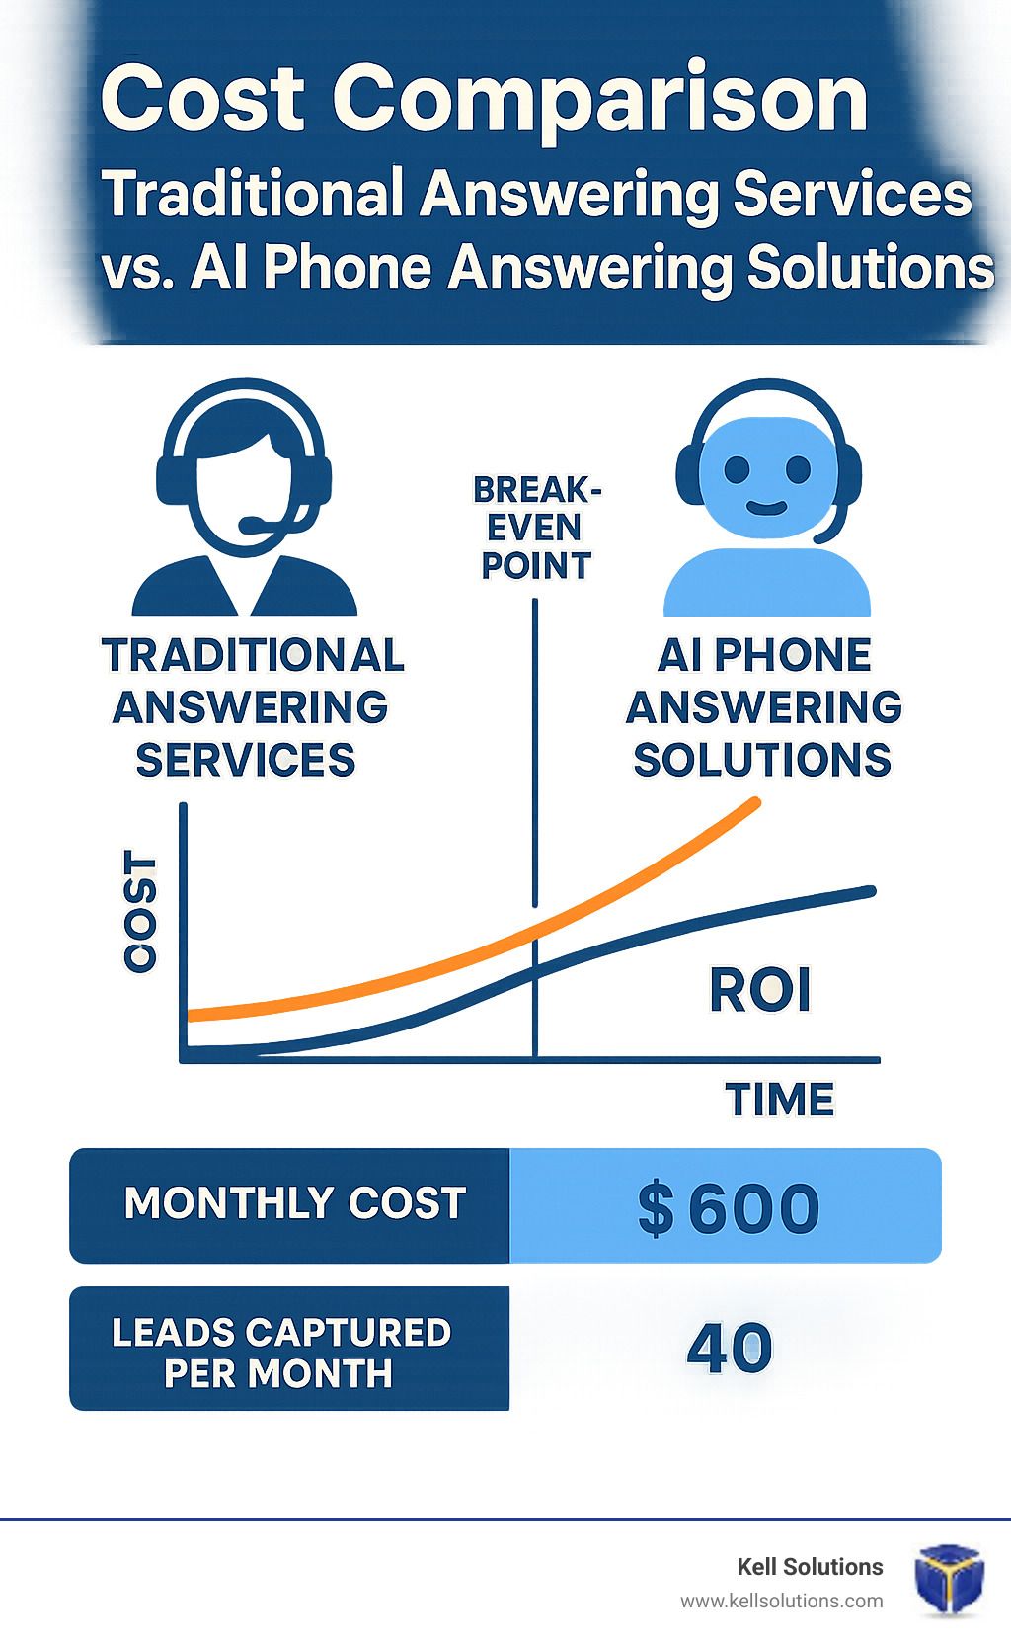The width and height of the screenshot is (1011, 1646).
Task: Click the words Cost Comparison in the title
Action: tap(485, 99)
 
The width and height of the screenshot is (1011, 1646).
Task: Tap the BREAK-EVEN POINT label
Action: tap(537, 528)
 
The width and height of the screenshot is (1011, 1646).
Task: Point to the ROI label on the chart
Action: tap(760, 991)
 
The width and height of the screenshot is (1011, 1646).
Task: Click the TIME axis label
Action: tap(780, 1100)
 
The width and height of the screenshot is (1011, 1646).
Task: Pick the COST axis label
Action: tap(140, 912)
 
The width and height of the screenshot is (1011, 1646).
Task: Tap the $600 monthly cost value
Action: tap(729, 1208)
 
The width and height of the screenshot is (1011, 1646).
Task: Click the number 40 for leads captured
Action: tap(730, 1347)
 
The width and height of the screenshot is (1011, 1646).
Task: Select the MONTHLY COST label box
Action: tap(289, 1205)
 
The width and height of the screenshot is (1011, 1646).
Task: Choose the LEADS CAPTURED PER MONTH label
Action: tap(281, 1353)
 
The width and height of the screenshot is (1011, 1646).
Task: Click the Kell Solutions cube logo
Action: tap(949, 1580)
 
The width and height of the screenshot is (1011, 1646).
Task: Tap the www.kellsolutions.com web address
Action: tap(781, 1602)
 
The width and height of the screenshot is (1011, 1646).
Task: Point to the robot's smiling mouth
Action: tap(766, 508)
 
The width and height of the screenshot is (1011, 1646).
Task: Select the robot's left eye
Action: tap(737, 469)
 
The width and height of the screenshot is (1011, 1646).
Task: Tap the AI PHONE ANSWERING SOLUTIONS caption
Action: tap(763, 706)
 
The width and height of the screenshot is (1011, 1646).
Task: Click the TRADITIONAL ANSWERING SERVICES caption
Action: tap(253, 706)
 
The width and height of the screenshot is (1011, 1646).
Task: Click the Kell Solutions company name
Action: tap(810, 1567)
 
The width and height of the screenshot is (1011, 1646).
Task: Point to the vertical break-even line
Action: tap(535, 829)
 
